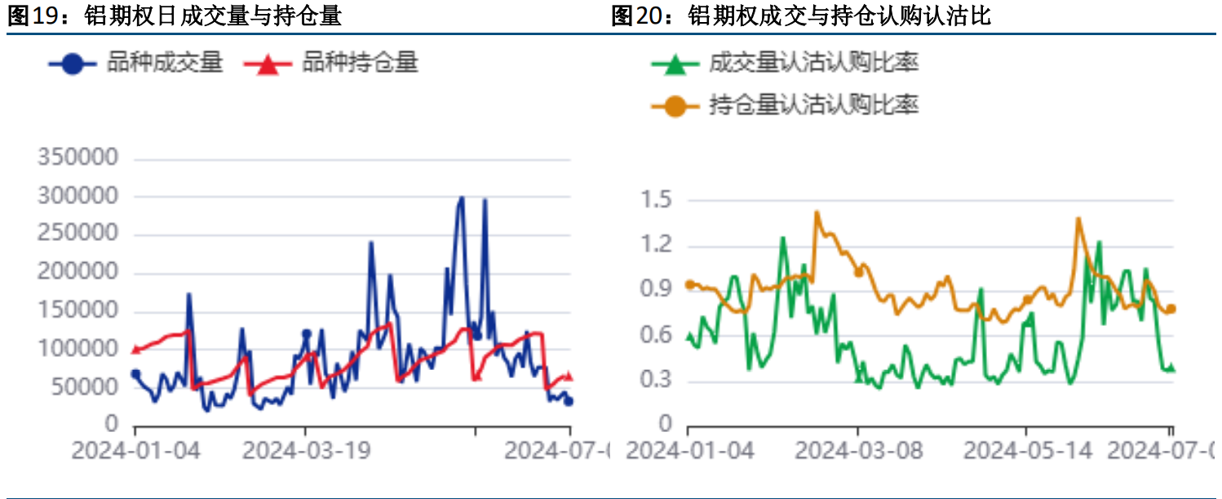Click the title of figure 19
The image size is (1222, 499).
[x=174, y=16]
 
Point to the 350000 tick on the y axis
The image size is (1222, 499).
[x=77, y=158]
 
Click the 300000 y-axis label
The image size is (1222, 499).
[x=77, y=196]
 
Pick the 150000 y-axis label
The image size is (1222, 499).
[x=77, y=311]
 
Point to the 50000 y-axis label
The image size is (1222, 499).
[x=83, y=387]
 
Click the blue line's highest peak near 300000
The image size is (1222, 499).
[x=462, y=198]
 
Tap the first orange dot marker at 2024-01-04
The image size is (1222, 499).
[x=689, y=284]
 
